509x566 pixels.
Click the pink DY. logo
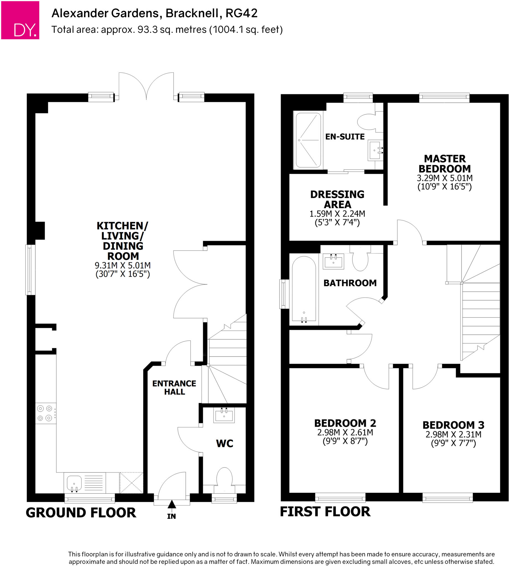pyautogui.click(x=20, y=20)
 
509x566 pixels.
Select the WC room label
pyautogui.click(x=225, y=444)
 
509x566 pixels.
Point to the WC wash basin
pyautogui.click(x=224, y=415)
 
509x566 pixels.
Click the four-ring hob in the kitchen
pyautogui.click(x=45, y=413)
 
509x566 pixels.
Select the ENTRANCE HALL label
pyautogui.click(x=174, y=387)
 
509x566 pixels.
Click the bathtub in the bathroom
pyautogui.click(x=304, y=289)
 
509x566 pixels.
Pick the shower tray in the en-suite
pyautogui.click(x=308, y=140)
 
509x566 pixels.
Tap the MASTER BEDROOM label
pyautogui.click(x=445, y=164)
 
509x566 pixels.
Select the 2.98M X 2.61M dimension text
pyautogui.click(x=345, y=433)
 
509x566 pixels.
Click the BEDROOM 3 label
pyautogui.click(x=453, y=425)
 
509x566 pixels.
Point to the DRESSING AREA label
pyautogui.click(x=337, y=199)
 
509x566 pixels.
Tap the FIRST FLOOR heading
pyautogui.click(x=325, y=512)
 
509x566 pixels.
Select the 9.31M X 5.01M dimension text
pyautogui.click(x=123, y=265)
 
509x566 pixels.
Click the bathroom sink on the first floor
pyautogui.click(x=333, y=261)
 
